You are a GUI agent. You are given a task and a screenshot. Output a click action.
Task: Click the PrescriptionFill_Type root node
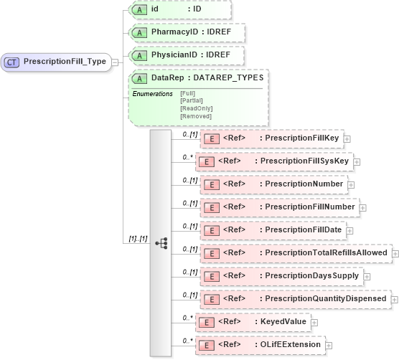pyautogui.click(x=57, y=62)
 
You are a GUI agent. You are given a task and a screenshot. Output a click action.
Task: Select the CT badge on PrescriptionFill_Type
pyautogui.click(x=12, y=62)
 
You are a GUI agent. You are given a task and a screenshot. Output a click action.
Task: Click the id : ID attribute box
pyautogui.click(x=179, y=9)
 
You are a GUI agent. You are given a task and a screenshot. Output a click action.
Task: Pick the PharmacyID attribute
pyautogui.click(x=187, y=32)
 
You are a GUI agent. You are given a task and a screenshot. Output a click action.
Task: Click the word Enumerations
pyautogui.click(x=152, y=93)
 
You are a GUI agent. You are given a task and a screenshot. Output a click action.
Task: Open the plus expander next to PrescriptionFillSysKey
pyautogui.click(x=357, y=161)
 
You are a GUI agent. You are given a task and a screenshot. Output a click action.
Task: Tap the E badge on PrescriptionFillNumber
pyautogui.click(x=211, y=207)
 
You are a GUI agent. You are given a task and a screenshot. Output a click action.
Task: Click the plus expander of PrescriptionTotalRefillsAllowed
pyautogui.click(x=395, y=253)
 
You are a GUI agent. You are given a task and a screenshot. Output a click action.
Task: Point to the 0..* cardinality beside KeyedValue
pyautogui.click(x=188, y=317)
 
